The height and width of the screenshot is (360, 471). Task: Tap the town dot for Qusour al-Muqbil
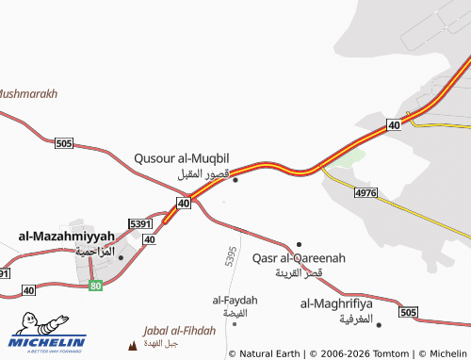[x=235, y=180]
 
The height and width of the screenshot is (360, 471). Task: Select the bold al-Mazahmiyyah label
[x=66, y=235]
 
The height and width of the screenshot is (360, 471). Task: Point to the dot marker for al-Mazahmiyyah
[x=121, y=256]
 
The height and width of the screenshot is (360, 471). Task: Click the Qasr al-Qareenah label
[x=300, y=257]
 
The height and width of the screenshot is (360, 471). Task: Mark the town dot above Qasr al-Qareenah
[x=300, y=244]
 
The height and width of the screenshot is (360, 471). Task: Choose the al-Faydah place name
[x=235, y=300]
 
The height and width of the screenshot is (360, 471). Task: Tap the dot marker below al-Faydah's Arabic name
[x=235, y=323]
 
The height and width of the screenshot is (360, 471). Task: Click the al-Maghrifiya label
[x=336, y=303]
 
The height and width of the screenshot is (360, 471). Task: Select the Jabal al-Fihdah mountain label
[x=179, y=331]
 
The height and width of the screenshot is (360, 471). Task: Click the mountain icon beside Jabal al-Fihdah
[x=131, y=346]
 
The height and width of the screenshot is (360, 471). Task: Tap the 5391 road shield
[x=140, y=224]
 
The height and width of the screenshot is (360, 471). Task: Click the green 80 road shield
[x=95, y=285]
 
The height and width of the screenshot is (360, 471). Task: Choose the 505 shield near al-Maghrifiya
[x=407, y=312]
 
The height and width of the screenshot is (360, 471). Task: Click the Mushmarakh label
[x=28, y=94]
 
